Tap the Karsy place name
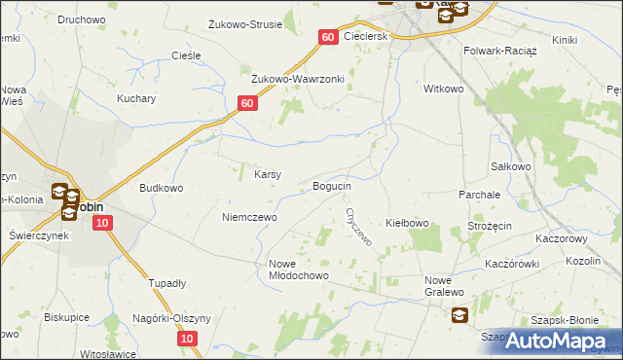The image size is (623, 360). point(268,175)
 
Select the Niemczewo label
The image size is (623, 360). point(249,217)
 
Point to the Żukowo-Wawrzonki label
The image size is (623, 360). point(299,79)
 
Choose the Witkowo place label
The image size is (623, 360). point(443,89)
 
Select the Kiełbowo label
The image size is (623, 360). point(408,224)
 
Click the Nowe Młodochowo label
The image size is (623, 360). point(299,270)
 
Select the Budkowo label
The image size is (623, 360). point(162,188)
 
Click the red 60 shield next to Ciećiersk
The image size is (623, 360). point(327,36)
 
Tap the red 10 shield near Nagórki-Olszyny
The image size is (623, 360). point(188,339)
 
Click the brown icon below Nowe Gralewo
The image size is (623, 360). point(458,314)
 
